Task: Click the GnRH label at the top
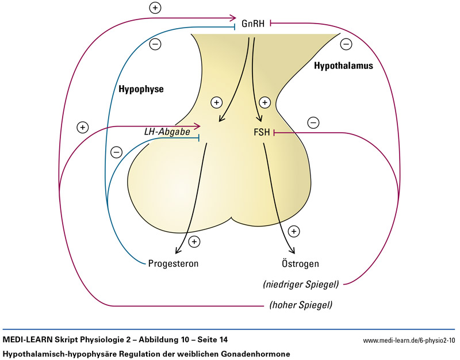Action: [x=253, y=24]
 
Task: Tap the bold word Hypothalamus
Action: [x=343, y=66]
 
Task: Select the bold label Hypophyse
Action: [x=141, y=89]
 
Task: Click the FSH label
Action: [x=262, y=132]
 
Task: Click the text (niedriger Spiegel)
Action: [x=301, y=284]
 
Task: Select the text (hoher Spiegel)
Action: [x=301, y=305]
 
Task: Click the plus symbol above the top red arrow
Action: [x=155, y=8]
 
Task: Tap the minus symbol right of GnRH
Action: [x=346, y=44]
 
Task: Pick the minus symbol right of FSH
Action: [x=313, y=122]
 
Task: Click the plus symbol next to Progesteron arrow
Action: [x=194, y=242]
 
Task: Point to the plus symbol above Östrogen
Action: [x=294, y=232]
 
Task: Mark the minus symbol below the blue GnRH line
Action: [x=155, y=44]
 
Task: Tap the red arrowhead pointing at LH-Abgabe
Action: [x=197, y=125]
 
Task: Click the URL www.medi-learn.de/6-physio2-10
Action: [x=409, y=341]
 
